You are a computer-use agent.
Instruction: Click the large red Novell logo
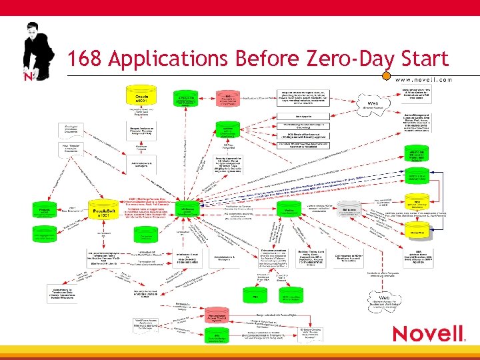427,333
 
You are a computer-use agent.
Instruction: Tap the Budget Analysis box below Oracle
141,127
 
